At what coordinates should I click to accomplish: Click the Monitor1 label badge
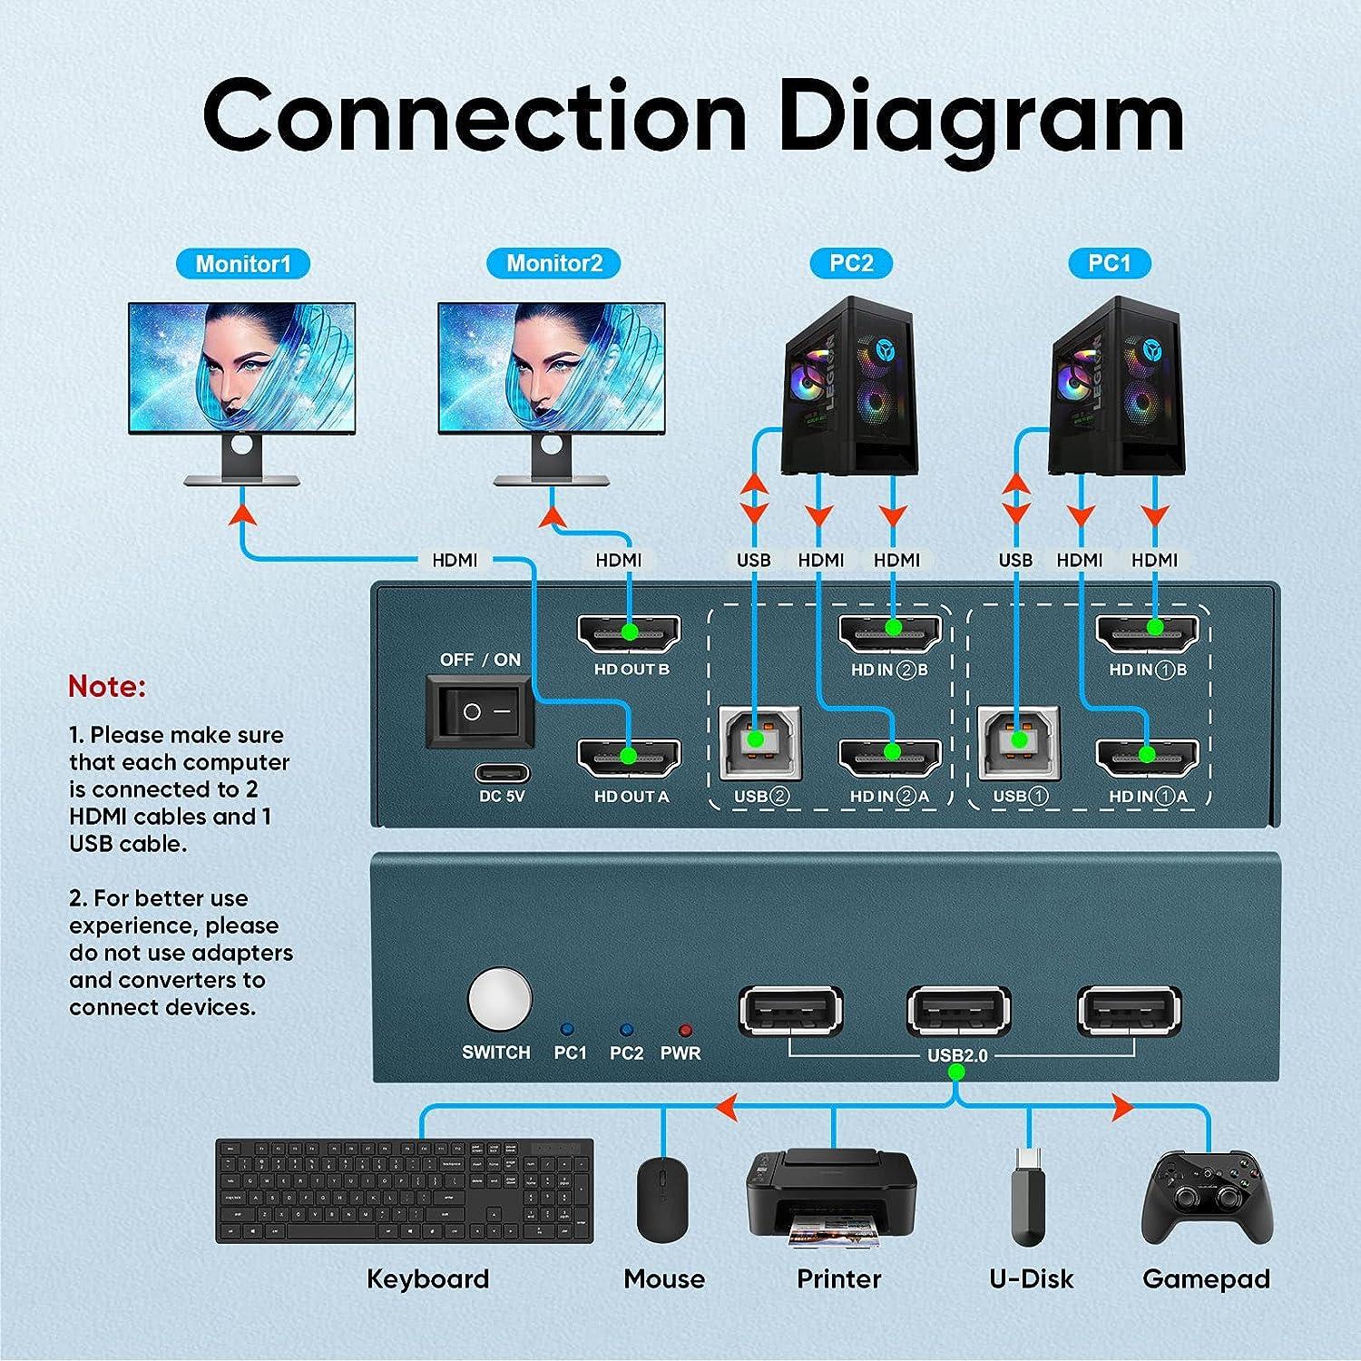pyautogui.click(x=242, y=264)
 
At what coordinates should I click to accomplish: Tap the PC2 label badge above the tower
pyautogui.click(x=851, y=263)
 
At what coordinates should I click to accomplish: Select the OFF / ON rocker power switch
pyautogui.click(x=481, y=712)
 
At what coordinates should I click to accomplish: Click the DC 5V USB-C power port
pyautogui.click(x=503, y=775)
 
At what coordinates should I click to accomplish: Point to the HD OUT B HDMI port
pyautogui.click(x=629, y=632)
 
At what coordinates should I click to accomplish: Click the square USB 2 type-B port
pyautogui.click(x=760, y=742)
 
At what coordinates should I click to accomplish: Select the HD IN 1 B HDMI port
pyautogui.click(x=1148, y=632)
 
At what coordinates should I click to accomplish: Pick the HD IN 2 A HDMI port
pyautogui.click(x=890, y=757)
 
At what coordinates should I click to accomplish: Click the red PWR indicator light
pyautogui.click(x=685, y=1030)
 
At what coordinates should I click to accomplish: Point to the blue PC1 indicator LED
pyautogui.click(x=568, y=1030)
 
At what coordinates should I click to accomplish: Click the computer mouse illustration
pyautogui.click(x=662, y=1199)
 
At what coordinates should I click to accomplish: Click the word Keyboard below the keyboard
pyautogui.click(x=427, y=1279)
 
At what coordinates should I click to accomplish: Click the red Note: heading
pyautogui.click(x=107, y=687)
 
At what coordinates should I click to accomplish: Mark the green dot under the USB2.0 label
pyautogui.click(x=955, y=1072)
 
